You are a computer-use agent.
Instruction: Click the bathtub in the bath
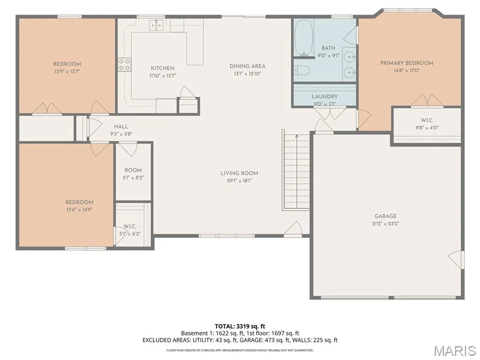[x=304, y=38]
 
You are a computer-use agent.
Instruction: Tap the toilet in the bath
[x=302, y=70]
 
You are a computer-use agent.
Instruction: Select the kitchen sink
[x=156, y=25]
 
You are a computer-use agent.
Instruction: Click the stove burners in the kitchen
[x=125, y=64]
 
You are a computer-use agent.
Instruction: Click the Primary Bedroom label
[x=406, y=63]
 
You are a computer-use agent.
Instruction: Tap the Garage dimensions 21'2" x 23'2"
[x=385, y=224]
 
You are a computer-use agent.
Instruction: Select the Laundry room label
[x=324, y=97]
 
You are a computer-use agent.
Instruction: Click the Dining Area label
[x=247, y=66]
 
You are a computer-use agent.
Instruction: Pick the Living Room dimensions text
[x=240, y=180]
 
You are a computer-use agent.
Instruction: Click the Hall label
[x=121, y=127]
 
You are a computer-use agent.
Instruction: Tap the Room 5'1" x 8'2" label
[x=133, y=173]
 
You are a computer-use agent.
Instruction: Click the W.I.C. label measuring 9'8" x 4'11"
[x=427, y=124]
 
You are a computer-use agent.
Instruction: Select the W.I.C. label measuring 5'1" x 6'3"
[x=130, y=230]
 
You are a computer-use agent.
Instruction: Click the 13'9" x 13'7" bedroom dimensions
[x=67, y=72]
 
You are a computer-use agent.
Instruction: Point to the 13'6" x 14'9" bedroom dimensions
[x=79, y=210]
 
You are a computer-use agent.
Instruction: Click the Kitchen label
[x=163, y=68]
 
